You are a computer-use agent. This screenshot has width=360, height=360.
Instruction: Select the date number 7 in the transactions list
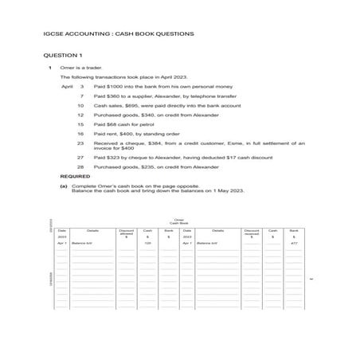tap(82, 95)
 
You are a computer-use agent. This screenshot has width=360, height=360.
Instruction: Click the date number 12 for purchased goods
tap(80, 115)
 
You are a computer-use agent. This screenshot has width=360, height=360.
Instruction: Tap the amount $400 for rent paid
tap(126, 134)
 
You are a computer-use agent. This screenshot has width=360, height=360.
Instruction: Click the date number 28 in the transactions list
tap(80, 167)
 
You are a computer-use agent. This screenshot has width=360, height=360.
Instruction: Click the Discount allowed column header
tap(127, 232)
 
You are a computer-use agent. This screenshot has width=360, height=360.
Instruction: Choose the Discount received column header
tap(252, 232)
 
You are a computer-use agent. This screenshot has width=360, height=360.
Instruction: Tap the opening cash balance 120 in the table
tap(147, 243)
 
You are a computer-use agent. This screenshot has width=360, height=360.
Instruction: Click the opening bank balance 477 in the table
tap(294, 243)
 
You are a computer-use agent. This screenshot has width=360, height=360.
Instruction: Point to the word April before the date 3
tap(67, 85)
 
